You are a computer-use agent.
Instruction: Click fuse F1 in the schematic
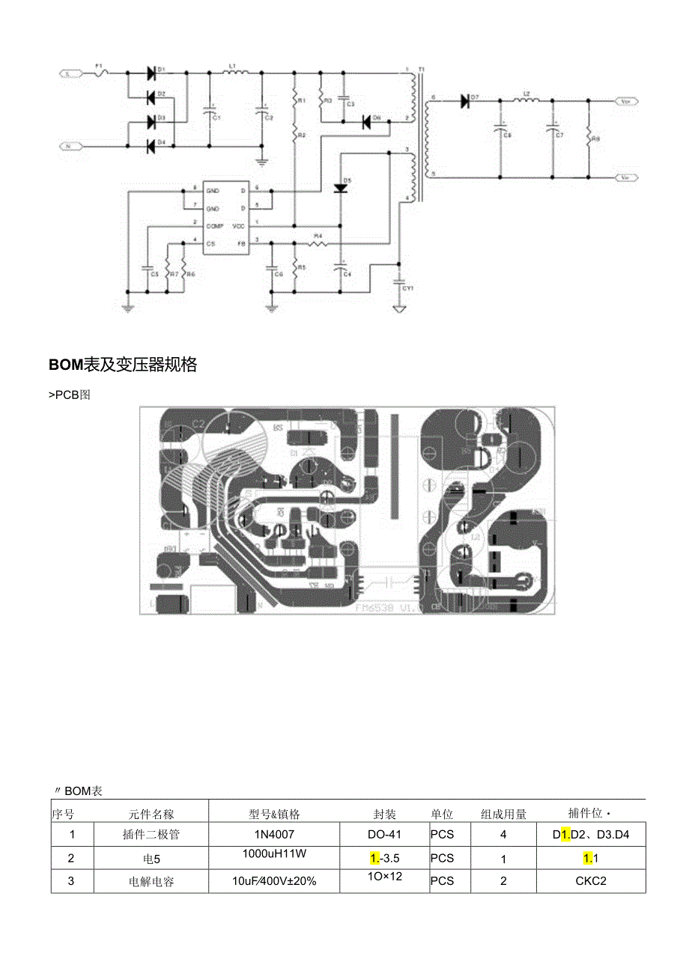click(x=103, y=73)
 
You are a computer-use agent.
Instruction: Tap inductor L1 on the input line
click(x=232, y=73)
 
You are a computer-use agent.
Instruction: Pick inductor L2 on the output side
click(x=526, y=100)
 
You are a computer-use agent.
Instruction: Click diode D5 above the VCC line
click(x=341, y=188)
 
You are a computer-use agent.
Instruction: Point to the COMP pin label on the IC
click(x=215, y=225)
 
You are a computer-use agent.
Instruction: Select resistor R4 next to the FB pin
click(x=318, y=243)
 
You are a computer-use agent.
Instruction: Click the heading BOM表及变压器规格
click(x=123, y=365)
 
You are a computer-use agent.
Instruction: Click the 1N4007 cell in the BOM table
click(x=273, y=834)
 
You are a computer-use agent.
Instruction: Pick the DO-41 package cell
click(x=385, y=834)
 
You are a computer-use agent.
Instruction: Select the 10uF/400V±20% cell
click(x=273, y=880)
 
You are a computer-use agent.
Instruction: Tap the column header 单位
click(x=441, y=814)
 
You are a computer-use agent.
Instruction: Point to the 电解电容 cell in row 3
click(x=151, y=881)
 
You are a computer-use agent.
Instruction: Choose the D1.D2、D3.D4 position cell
click(x=591, y=834)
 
